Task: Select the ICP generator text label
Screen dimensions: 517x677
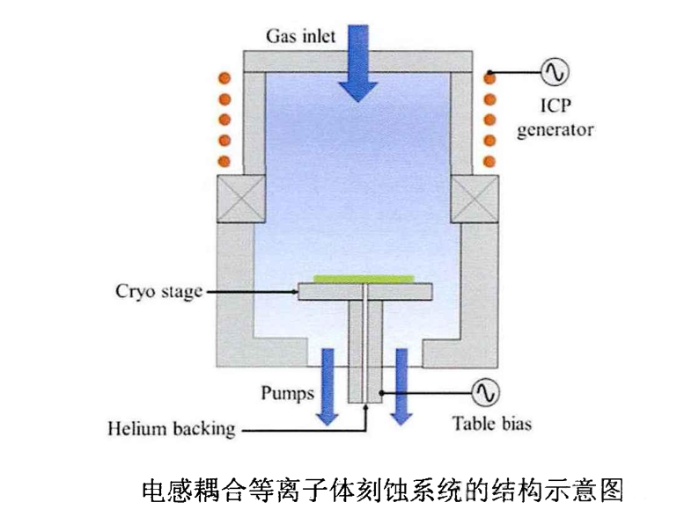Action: (556, 119)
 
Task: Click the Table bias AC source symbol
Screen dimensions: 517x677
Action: (483, 390)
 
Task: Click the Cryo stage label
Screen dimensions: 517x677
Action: (158, 291)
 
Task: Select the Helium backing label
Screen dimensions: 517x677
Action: (172, 430)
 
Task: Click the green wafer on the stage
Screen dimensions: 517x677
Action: (363, 278)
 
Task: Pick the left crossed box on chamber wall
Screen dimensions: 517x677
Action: (239, 198)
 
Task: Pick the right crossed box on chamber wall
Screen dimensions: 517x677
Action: (475, 198)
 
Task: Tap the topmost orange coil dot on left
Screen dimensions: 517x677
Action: (224, 77)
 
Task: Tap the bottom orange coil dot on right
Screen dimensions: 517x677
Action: (490, 161)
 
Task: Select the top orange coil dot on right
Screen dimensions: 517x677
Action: (490, 77)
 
